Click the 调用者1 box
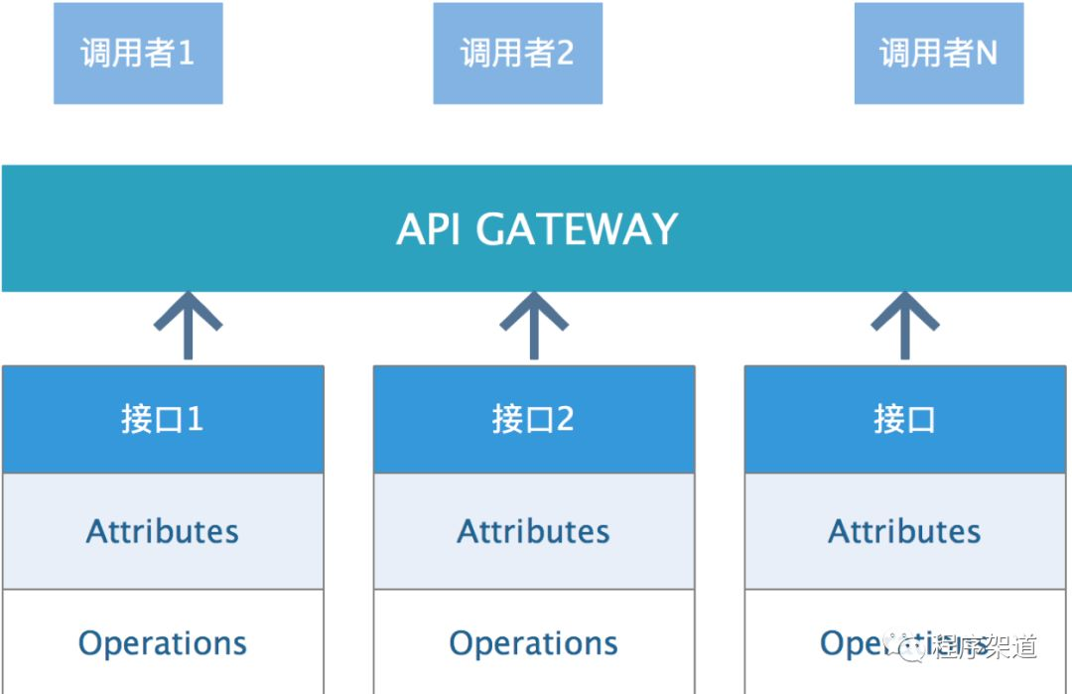(138, 53)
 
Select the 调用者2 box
(517, 53)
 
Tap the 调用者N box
(938, 53)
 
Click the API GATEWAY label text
(537, 229)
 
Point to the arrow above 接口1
(188, 325)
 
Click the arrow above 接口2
(534, 325)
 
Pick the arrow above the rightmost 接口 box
(904, 325)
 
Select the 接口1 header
(163, 419)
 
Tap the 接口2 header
(534, 419)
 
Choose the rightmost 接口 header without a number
(904, 419)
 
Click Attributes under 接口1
(163, 531)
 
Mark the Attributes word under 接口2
(534, 531)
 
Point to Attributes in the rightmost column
(904, 531)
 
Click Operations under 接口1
(163, 643)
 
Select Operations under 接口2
(534, 643)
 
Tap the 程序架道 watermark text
(985, 647)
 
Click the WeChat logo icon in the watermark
(909, 646)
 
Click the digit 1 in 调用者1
(185, 53)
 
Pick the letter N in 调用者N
(986, 53)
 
